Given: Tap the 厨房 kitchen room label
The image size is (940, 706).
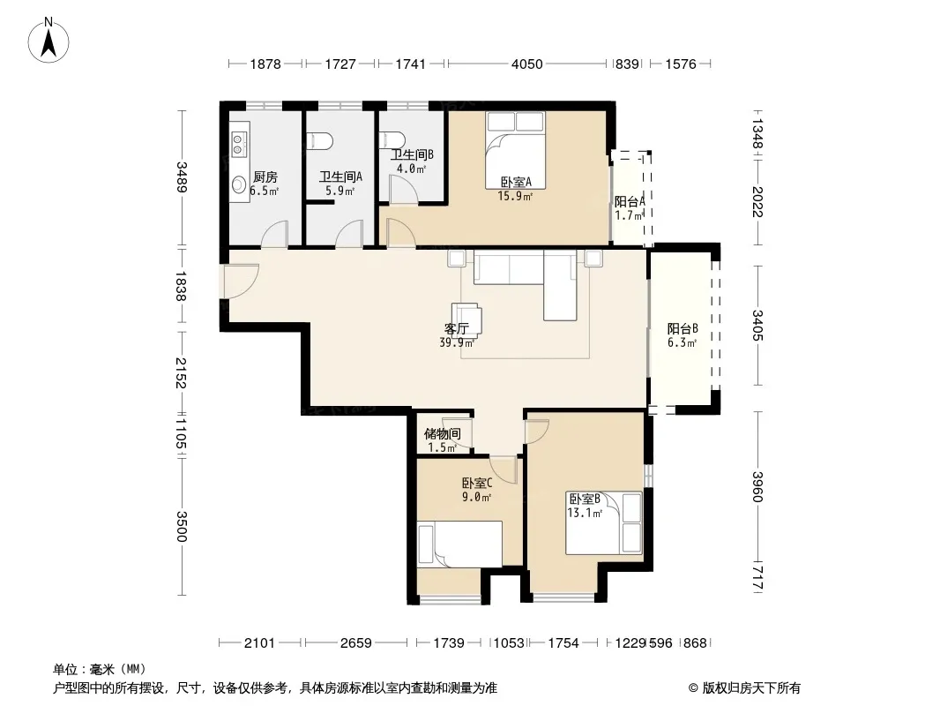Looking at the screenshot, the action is (265, 177).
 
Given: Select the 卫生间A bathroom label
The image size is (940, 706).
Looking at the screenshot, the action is (340, 177).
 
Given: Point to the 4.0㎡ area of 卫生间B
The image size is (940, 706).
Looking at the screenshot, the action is (411, 169).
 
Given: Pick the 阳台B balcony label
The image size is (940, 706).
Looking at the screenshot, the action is (683, 328).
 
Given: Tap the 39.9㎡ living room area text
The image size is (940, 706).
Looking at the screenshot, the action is (457, 343).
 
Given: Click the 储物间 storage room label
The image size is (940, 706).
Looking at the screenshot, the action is (443, 433).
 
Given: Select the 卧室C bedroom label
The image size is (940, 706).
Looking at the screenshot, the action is (477, 483).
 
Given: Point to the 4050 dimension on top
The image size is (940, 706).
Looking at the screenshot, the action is (527, 64).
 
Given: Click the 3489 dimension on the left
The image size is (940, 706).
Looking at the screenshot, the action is (182, 177).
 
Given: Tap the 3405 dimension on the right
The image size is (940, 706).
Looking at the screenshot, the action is (757, 325).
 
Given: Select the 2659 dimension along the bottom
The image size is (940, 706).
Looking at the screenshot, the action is (356, 643).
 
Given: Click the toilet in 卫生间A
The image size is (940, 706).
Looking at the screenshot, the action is (319, 141).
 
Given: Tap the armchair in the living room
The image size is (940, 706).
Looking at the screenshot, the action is (467, 319).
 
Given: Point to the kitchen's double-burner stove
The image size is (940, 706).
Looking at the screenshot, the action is (238, 143).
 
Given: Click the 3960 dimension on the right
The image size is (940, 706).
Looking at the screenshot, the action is (757, 487).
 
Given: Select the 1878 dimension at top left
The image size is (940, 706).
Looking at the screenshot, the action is (265, 64).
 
